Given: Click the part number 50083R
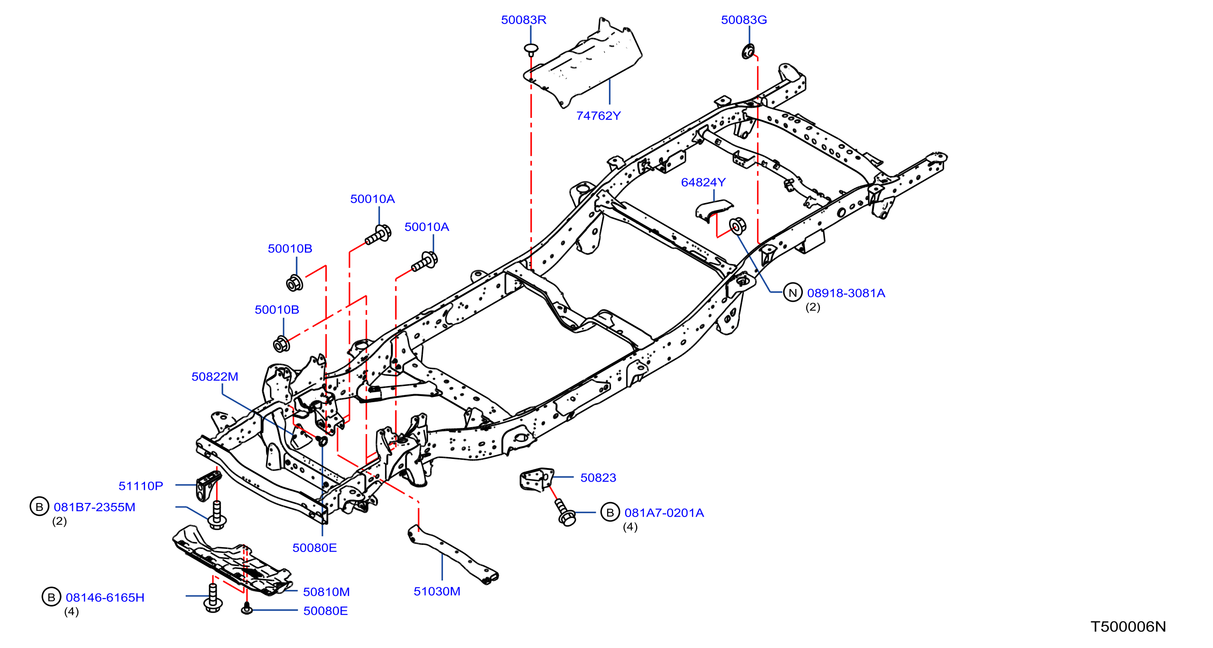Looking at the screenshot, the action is tap(523, 20).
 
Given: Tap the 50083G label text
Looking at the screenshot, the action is tap(743, 20).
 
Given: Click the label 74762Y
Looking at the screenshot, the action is tap(598, 116).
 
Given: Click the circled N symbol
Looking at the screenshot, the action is tap(792, 293).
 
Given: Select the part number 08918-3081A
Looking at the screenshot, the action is tap(846, 293).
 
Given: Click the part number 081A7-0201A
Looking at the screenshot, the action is tap(664, 513).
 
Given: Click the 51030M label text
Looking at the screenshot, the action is tap(436, 592).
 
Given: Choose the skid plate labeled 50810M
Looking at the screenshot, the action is tap(232, 561).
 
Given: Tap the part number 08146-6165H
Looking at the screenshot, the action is tap(104, 598).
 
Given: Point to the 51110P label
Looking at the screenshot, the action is tap(140, 486).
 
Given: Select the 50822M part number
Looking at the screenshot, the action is tap(215, 376).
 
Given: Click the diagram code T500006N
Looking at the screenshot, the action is tap(1128, 627).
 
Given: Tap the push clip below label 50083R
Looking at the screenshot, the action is tap(531, 49).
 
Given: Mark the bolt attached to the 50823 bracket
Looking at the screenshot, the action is tap(565, 513).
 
